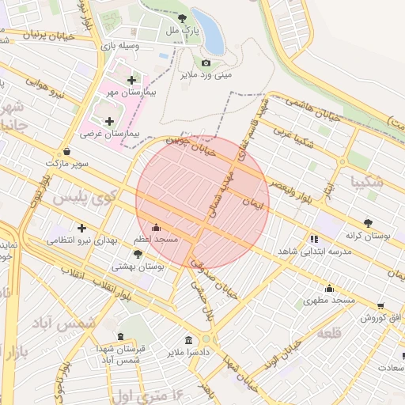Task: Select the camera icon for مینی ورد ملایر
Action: [x=206, y=62]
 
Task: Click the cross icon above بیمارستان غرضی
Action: [x=108, y=120]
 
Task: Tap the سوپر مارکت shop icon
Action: [x=66, y=150]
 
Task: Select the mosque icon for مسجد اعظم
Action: [x=154, y=227]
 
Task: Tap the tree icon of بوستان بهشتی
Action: [x=138, y=254]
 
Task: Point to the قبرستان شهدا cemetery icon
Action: [x=119, y=337]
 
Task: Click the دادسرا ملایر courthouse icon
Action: [x=187, y=339]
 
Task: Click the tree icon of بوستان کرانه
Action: [x=368, y=224]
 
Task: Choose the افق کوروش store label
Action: [x=382, y=317]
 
